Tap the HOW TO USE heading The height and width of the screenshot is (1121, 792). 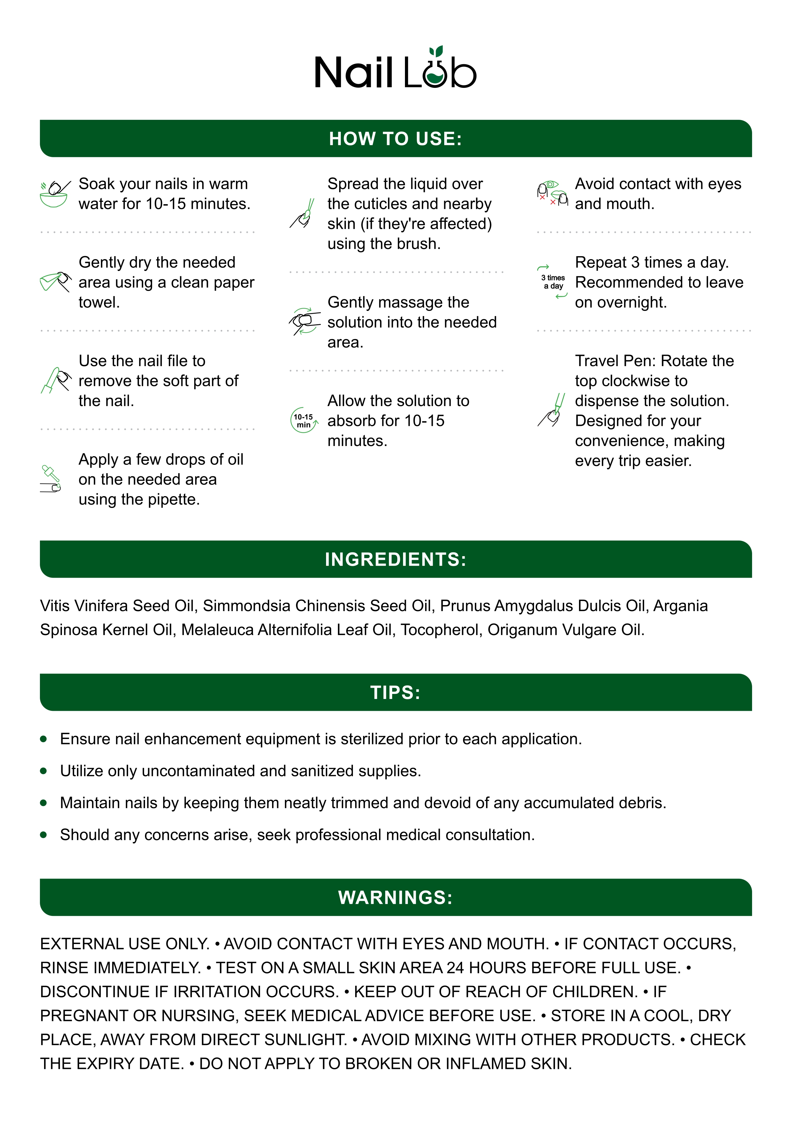395,139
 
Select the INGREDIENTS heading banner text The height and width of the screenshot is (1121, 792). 395,559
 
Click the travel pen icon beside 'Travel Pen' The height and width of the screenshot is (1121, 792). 552,411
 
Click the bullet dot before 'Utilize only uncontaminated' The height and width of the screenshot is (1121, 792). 43,771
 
